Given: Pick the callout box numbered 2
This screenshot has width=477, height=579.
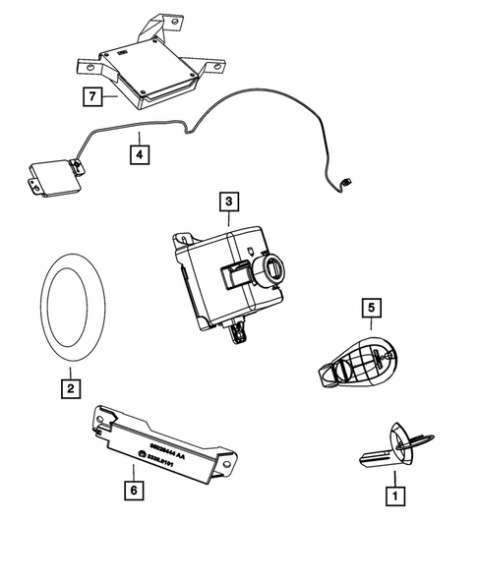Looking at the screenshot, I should [x=68, y=388].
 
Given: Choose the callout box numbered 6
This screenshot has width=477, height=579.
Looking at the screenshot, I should [x=134, y=487].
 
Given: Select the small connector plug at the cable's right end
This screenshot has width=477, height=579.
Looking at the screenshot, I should [x=347, y=181].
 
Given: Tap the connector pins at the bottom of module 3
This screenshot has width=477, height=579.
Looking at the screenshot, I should [x=237, y=335].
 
